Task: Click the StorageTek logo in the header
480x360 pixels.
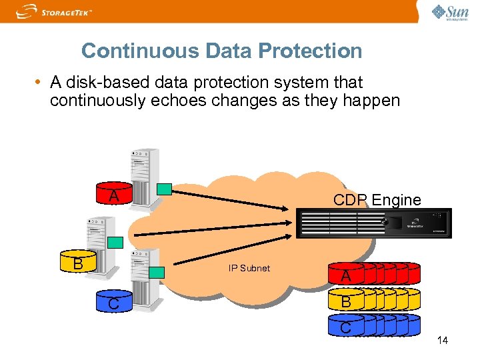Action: pos(54,11)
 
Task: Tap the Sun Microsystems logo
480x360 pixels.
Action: pos(451,12)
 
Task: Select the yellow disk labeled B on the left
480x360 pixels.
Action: pos(78,263)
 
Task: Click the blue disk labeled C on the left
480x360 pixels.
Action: pos(114,303)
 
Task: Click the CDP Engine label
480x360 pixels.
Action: pos(377,199)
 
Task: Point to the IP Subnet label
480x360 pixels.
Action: pos(249,268)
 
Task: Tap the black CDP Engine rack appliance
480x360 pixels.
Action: pos(373,223)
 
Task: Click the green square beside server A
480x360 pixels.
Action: pos(163,189)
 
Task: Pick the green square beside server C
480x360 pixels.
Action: pos(157,272)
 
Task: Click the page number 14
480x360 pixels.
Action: pos(442,341)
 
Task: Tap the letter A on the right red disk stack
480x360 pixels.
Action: pos(346,276)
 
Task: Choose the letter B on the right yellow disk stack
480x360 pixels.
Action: pos(346,302)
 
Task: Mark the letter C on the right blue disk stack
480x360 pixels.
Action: pos(345,327)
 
